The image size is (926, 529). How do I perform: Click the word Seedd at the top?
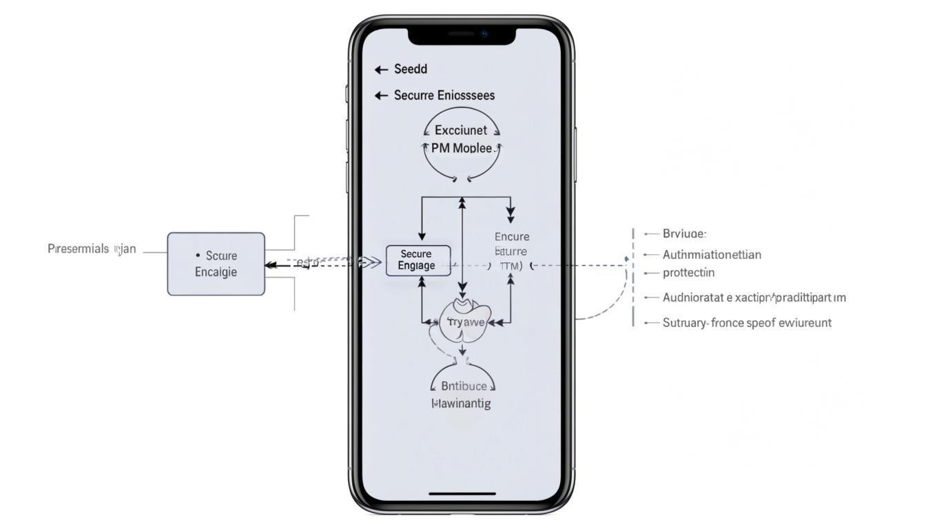[411, 69]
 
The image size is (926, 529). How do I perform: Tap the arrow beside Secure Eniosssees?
[381, 96]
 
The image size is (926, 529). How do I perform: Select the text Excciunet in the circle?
[461, 129]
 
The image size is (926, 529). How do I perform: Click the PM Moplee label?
[462, 147]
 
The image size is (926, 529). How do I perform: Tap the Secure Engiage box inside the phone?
[418, 260]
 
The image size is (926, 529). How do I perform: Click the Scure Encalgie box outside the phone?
[216, 264]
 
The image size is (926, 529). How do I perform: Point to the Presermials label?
[79, 249]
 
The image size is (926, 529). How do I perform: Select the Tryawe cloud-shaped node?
[466, 322]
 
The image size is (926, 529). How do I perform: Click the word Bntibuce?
[463, 386]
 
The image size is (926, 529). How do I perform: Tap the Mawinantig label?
[461, 404]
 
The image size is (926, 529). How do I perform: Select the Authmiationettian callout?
[712, 254]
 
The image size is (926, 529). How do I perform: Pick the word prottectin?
[688, 273]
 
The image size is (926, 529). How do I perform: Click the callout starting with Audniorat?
[754, 298]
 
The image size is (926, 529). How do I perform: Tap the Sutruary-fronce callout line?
[747, 322]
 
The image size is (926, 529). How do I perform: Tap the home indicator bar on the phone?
[462, 493]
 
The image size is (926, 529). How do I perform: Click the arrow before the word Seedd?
[381, 70]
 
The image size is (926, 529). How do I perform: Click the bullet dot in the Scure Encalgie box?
[198, 256]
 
